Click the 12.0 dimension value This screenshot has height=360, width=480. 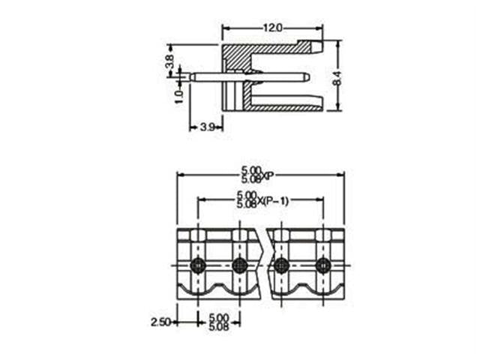271,28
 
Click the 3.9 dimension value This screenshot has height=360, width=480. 208,127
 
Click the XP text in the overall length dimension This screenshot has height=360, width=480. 268,177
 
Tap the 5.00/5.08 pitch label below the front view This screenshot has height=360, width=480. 219,322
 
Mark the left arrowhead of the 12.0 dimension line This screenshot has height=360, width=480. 223,28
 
